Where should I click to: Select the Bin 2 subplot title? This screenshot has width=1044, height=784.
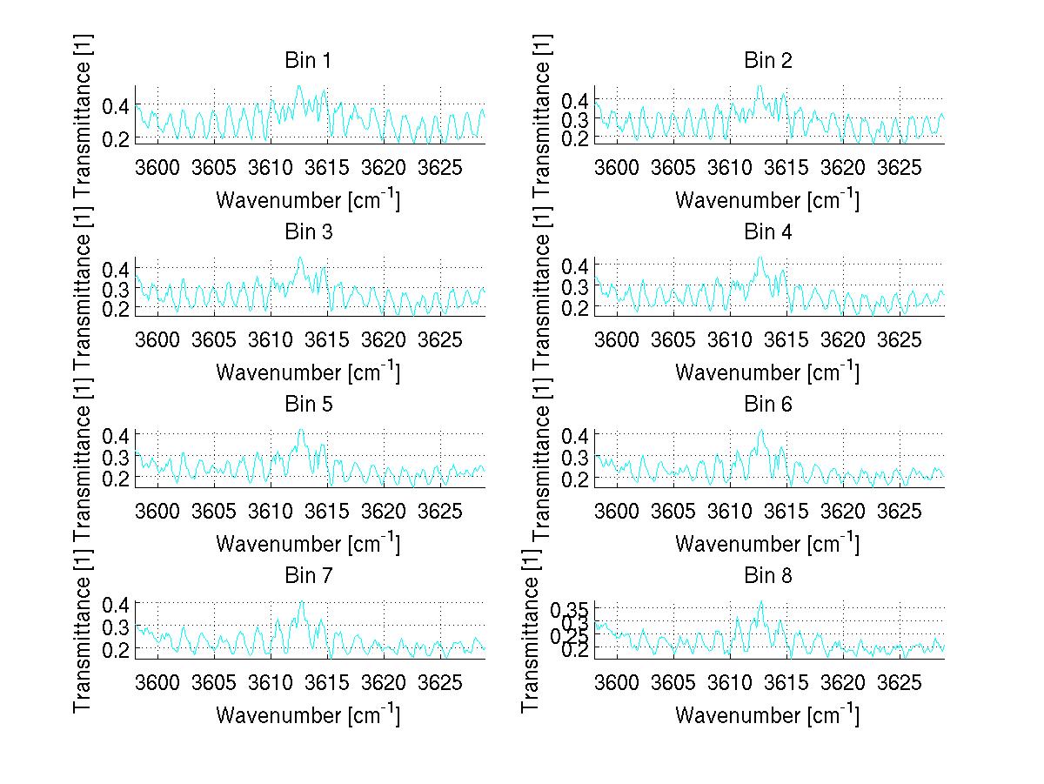tap(767, 60)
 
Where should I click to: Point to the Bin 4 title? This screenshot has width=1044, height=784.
tap(767, 232)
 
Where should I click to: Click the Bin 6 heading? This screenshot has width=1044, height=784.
tap(767, 404)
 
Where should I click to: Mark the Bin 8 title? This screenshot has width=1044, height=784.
tap(767, 575)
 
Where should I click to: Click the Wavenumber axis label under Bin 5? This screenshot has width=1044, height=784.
tap(307, 544)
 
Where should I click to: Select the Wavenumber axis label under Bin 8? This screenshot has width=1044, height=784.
tap(767, 715)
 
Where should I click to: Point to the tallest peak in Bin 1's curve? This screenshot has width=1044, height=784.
tap(298, 86)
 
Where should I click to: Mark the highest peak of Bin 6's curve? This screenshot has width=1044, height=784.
tap(760, 430)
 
